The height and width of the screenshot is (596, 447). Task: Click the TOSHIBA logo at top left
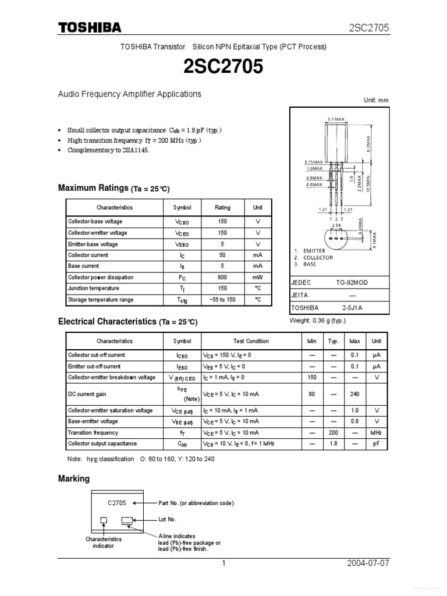pyautogui.click(x=89, y=27)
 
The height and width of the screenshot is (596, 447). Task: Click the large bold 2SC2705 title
pyautogui.click(x=223, y=67)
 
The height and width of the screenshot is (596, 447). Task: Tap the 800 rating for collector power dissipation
pyautogui.click(x=222, y=278)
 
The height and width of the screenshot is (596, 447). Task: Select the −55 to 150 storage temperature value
pyautogui.click(x=222, y=300)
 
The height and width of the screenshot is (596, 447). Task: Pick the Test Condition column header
pyautogui.click(x=251, y=341)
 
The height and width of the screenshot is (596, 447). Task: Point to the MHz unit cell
pyautogui.click(x=377, y=432)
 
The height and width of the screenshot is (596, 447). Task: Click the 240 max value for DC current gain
pyautogui.click(x=354, y=394)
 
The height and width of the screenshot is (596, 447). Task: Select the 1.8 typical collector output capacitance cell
pyautogui.click(x=334, y=444)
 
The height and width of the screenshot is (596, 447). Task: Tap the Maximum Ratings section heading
pyautogui.click(x=93, y=188)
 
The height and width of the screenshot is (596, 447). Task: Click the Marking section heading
pyautogui.click(x=74, y=478)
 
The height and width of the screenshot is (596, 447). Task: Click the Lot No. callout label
pyautogui.click(x=167, y=519)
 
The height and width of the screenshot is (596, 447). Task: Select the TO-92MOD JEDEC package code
pyautogui.click(x=352, y=282)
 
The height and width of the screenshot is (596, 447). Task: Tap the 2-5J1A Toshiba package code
pyautogui.click(x=352, y=307)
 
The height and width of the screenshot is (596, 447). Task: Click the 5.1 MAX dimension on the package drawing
pyautogui.click(x=336, y=119)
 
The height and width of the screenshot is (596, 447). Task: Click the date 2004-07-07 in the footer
pyautogui.click(x=368, y=564)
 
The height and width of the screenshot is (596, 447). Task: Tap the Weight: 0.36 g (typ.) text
pyautogui.click(x=317, y=321)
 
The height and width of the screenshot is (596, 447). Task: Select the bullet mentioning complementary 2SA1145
pyautogui.click(x=109, y=150)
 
